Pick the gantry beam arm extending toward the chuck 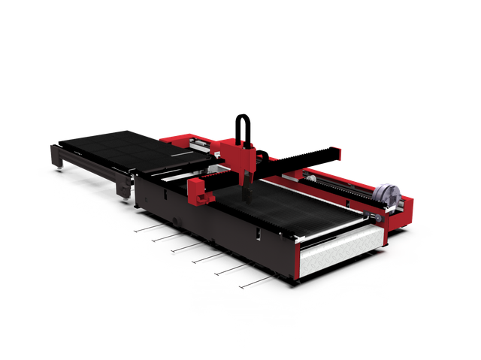coord(308,156)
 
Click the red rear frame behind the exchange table coord(180,139)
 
